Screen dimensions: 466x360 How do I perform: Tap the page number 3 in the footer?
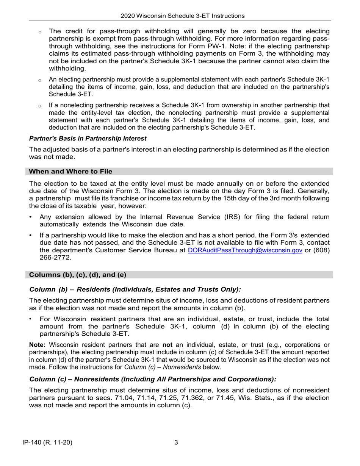point(176,442)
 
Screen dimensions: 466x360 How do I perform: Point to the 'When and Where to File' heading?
point(70,172)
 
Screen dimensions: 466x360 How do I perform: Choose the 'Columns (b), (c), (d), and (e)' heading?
point(78,275)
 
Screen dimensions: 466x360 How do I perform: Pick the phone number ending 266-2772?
point(55,258)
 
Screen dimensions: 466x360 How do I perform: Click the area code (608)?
point(321,250)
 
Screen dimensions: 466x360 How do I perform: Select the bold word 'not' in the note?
point(167,345)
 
